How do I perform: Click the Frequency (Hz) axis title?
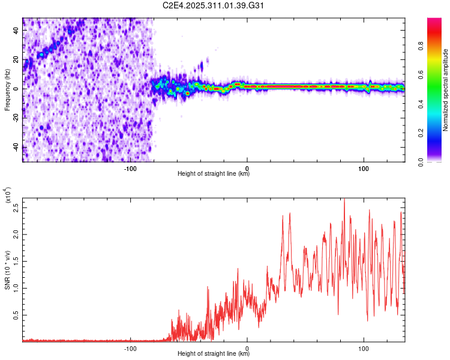point(7,89)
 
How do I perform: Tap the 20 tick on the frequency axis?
point(17,59)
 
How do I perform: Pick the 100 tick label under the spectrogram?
point(364,168)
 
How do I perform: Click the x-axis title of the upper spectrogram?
point(214,174)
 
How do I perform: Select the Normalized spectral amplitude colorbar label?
point(446,90)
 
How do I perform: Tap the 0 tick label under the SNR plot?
point(247,348)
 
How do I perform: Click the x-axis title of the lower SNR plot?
point(214,354)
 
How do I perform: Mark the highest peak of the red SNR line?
point(344,199)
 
